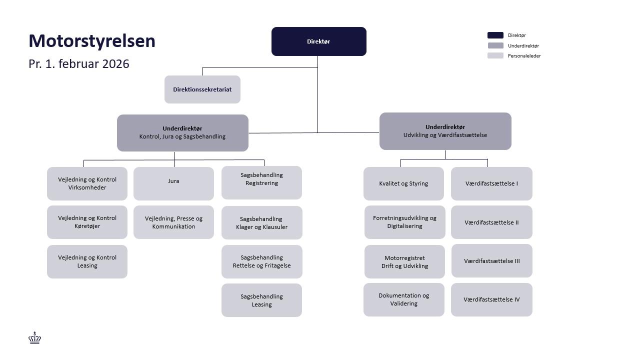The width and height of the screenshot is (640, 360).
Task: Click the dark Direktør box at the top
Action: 318,41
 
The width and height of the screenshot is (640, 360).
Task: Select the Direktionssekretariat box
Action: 202,89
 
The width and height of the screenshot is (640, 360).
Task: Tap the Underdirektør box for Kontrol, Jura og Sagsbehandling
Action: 182,132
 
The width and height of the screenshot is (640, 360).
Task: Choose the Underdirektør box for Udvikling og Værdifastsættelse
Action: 445,131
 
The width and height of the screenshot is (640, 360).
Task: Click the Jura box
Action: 173,183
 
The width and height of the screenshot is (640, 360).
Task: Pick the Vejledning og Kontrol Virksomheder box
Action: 87,183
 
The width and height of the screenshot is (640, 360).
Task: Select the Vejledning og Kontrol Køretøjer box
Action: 87,222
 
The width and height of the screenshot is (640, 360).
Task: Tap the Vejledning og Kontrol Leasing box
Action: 87,261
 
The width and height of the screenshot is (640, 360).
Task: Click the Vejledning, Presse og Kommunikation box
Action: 173,222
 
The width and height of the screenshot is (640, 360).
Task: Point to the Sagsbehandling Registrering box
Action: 261,182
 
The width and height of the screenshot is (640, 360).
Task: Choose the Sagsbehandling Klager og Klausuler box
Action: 261,223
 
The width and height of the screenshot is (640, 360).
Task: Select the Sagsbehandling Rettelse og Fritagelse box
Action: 261,261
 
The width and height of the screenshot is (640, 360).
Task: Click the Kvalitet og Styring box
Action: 403,183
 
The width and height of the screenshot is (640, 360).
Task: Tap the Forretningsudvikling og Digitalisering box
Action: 404,222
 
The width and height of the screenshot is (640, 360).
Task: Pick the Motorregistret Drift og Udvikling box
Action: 404,261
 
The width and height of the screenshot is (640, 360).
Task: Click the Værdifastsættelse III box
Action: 491,260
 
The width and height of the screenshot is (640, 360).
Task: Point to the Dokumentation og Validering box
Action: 403,299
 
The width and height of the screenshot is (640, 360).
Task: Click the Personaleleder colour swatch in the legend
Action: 495,55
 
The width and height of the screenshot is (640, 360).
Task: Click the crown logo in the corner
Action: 34,338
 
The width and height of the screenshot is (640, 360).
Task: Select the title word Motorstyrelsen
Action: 92,41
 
